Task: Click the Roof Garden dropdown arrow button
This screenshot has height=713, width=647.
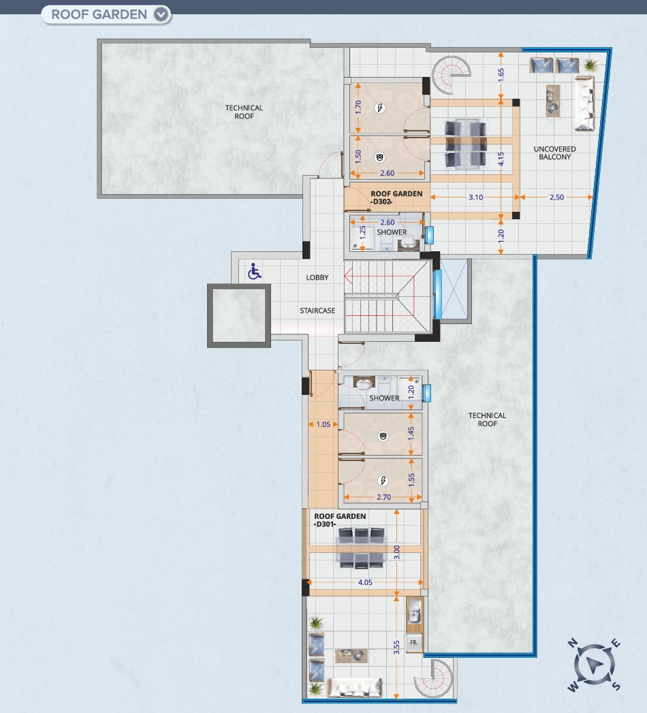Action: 161,14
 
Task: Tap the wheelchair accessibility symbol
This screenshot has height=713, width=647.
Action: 254,272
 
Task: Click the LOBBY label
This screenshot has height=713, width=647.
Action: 317,277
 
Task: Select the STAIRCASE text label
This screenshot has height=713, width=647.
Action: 317,311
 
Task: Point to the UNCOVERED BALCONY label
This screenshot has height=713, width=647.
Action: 554,153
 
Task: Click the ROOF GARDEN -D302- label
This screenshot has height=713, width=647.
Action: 396,197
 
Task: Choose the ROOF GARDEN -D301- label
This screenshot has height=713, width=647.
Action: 340,520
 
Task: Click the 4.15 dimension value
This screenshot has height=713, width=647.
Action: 501,159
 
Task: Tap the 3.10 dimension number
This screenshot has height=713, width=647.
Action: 475,197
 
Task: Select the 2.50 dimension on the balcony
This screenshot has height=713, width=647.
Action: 556,197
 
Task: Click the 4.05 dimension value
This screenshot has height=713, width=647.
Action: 365,582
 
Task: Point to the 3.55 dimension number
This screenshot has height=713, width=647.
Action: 396,648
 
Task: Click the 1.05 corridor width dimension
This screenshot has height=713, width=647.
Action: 323,424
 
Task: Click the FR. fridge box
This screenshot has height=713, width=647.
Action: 414,643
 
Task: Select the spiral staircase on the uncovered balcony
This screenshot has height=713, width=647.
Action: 451,75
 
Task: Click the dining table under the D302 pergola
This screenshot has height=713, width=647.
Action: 466,143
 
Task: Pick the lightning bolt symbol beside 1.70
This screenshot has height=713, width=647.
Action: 379,108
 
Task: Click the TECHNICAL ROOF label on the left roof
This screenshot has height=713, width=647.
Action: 244,112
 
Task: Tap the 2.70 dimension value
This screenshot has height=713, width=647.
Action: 383,497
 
